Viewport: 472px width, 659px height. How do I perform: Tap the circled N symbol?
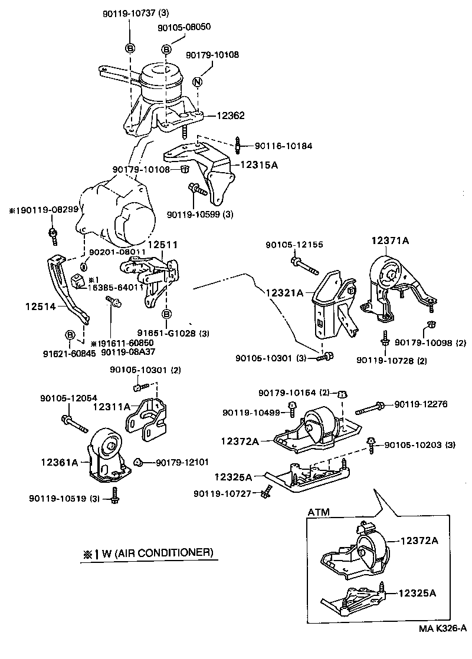point(198,82)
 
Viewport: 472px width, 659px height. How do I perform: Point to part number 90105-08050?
point(184,27)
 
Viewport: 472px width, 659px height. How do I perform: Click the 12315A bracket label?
point(258,166)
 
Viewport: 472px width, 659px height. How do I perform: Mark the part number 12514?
point(41,306)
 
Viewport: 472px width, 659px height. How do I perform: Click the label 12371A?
point(390,240)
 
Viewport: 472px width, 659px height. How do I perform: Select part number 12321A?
point(284,292)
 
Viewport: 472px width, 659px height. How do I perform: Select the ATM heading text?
point(318,513)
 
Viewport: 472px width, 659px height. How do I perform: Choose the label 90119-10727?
point(222,492)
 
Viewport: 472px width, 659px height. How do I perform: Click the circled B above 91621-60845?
point(70,335)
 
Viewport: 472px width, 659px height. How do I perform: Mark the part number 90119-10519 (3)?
point(63,499)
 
